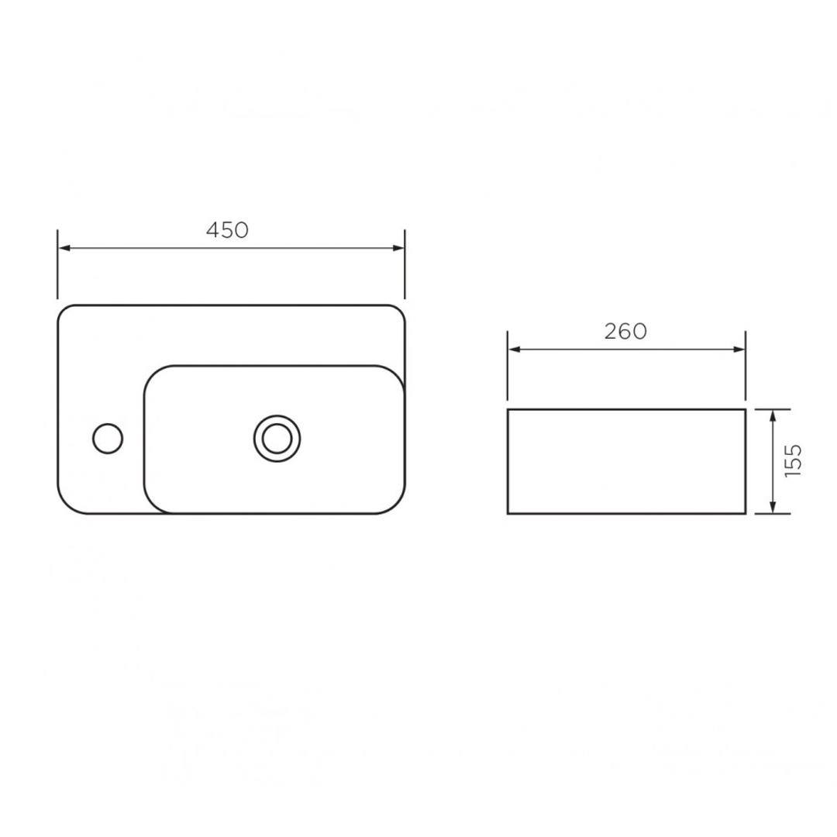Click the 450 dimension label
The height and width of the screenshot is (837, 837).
227,230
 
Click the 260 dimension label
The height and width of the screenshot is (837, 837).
625,332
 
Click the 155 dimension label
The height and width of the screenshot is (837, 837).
794,460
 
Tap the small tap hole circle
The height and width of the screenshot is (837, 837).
108,439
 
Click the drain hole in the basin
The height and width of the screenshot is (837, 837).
277,439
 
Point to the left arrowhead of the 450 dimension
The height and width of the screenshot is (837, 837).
64,248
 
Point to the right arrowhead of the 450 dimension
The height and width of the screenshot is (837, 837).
398,248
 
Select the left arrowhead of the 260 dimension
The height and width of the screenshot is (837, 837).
514,350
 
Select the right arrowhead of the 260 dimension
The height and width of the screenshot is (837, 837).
739,350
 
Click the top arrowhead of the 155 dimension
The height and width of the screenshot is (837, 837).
773,416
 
